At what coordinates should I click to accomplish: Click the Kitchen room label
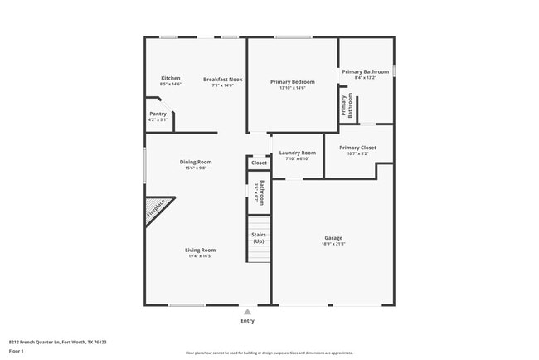pos(170,79)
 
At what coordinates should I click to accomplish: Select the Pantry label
pos(158,114)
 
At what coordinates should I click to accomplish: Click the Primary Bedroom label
pos(293,81)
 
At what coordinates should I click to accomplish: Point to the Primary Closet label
pos(357,148)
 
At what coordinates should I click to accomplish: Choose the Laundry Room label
pos(297,153)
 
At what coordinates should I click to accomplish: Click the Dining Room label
pos(197,162)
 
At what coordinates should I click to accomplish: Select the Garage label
pos(333,238)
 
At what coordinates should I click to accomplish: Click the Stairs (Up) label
pos(259,237)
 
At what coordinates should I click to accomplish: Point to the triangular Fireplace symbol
pos(156,209)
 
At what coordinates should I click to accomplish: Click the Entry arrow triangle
pos(247,312)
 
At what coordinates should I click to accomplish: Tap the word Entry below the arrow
pos(247,321)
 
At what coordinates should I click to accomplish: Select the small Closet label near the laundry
pos(259,163)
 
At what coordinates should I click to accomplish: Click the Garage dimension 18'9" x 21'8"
pos(333,244)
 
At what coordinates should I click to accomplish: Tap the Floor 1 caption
pos(17,351)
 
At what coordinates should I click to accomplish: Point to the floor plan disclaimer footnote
pos(269,353)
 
